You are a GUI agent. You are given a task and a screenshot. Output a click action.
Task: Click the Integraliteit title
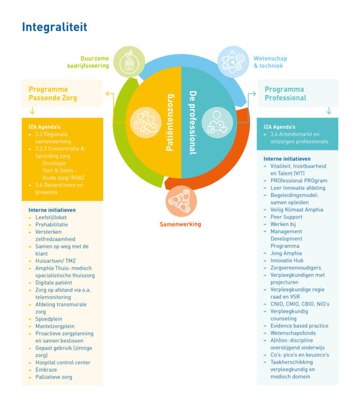coord(55,27)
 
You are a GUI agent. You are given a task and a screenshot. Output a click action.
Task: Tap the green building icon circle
coord(129,62)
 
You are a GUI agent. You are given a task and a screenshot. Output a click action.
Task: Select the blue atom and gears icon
coord(233,62)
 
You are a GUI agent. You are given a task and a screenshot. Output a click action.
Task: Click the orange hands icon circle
coord(181,201)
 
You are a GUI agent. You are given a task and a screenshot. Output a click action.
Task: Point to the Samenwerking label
coord(180,225)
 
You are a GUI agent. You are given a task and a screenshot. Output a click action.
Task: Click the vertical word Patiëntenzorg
coord(170,123)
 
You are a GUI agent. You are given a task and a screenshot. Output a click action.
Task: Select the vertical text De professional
coord(193,123)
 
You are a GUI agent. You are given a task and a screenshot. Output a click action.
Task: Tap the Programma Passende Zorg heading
coord(53,93)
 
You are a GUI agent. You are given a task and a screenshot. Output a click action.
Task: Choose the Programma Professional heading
coord(285,93)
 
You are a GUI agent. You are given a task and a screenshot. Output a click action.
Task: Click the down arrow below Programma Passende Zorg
coord(32,111)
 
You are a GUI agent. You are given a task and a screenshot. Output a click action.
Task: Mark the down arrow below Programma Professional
coord(329,111)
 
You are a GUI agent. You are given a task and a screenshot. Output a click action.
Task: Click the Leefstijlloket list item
coord(51,217)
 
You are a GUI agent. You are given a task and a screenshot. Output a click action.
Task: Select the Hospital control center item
coord(63,362)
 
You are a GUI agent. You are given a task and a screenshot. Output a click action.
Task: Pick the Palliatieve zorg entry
coord(54,377)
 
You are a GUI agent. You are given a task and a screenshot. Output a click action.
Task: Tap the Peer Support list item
coord(286,217)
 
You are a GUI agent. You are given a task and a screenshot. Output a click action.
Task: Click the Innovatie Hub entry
coord(287,261)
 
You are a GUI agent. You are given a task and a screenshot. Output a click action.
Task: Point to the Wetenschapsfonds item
coord(293,333)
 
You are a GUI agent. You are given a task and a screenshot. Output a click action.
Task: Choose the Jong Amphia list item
coord(286,253)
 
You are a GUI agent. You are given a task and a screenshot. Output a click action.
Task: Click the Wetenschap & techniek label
coord(270,62)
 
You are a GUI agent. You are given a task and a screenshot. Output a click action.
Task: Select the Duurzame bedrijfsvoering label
coord(88,62)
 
